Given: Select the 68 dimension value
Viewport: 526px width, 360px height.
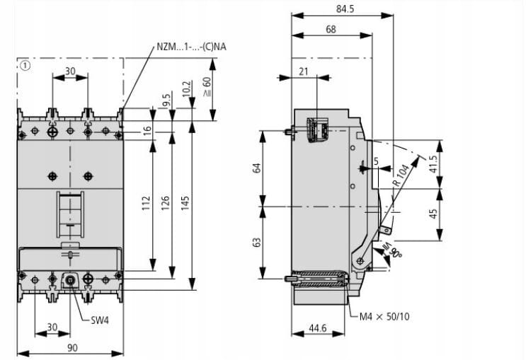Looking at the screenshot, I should [x=331, y=29].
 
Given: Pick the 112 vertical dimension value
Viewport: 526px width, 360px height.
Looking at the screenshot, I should [x=146, y=204].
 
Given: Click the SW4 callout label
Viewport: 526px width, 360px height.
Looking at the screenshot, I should [x=101, y=320].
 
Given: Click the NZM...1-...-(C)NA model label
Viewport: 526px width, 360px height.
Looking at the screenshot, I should [x=195, y=47].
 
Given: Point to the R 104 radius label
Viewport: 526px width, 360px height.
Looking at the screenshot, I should [x=402, y=173].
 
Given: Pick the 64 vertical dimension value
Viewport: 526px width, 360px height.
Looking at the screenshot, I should [x=258, y=168].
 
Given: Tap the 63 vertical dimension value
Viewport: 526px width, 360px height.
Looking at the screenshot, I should [x=258, y=242].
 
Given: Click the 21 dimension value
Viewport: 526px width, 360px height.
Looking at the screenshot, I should [x=304, y=70].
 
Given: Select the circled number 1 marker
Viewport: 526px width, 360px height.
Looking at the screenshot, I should [x=25, y=66].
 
